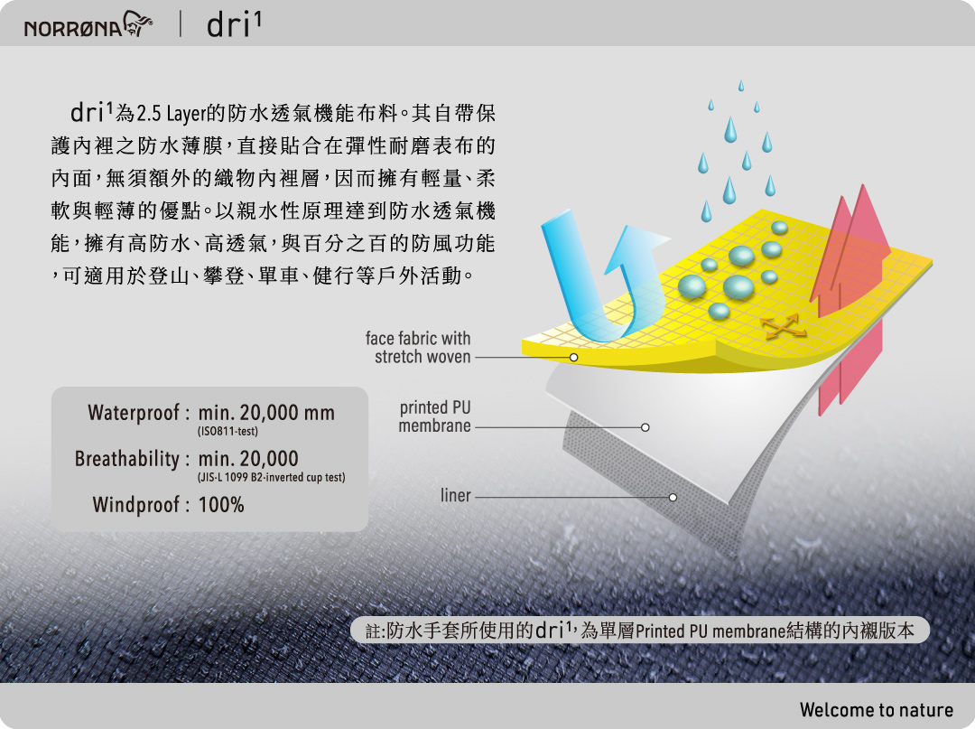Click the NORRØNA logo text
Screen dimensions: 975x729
pos(73,28)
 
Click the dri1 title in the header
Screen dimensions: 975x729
pos(234,25)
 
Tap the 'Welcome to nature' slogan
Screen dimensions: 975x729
pos(876,710)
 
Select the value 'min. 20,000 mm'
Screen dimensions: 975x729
pos(266,413)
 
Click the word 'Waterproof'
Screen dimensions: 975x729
pos(134,413)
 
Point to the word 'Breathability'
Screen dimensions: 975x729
pos(127,458)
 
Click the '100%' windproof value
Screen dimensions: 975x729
pos(221,504)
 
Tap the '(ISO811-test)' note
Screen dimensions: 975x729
pos(227,431)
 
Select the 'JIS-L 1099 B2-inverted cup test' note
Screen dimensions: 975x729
pos(271,477)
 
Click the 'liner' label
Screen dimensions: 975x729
pos(456,495)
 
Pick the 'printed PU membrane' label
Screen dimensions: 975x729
pos(434,416)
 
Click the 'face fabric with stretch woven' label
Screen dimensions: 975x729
pos(418,348)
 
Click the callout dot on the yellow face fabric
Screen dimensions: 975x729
pos(573,357)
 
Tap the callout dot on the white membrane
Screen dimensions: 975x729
pos(645,427)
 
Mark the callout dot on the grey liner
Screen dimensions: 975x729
pos(673,497)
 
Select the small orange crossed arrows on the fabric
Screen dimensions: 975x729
pos(783,326)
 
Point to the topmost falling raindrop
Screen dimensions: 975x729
pos(740,85)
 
